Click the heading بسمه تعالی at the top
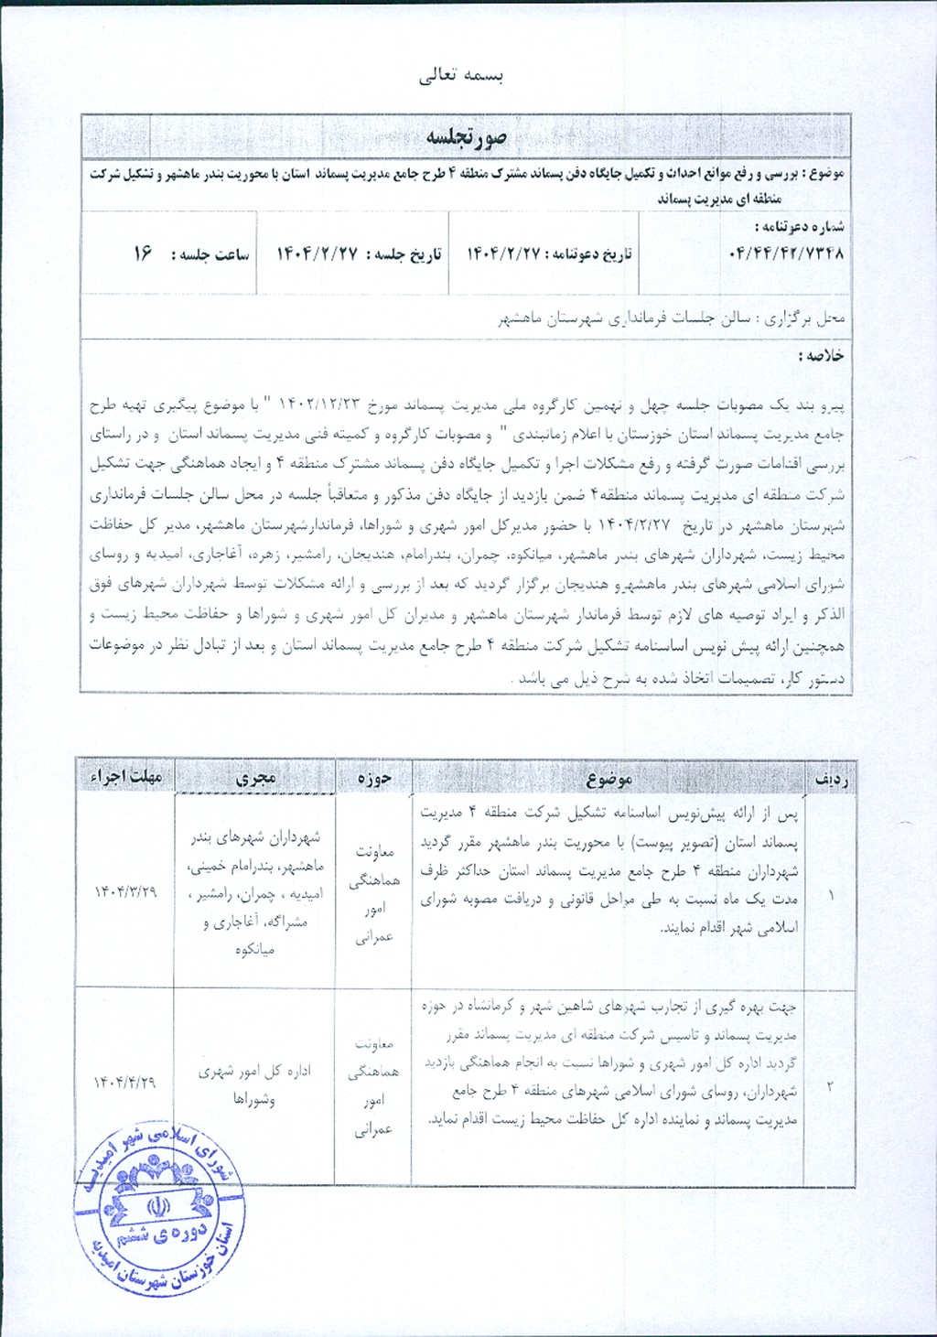point(461,76)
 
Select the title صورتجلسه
point(466,137)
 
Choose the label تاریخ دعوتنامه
point(590,254)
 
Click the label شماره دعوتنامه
point(799,226)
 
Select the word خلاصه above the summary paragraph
point(821,355)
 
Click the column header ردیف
point(831,779)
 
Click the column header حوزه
point(374,778)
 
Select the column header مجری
point(255,778)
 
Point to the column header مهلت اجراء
point(125,777)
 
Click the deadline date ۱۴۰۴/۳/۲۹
point(125,891)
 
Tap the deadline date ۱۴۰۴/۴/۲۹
point(124,1083)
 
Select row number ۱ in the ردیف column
point(831,894)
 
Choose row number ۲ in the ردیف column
point(830,1086)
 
